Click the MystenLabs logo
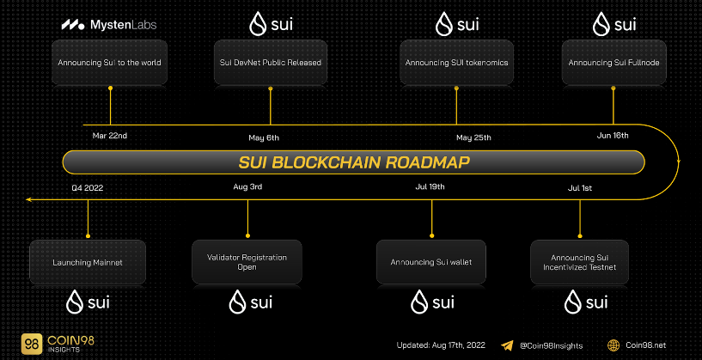[109, 25]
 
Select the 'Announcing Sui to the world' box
[110, 63]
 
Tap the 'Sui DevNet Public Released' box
[271, 63]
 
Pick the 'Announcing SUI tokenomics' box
[456, 63]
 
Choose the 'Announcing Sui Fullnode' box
[613, 63]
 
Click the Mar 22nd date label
[110, 136]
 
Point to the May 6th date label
[264, 137]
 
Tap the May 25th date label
[473, 137]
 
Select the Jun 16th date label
[613, 135]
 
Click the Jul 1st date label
[580, 188]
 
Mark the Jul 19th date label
[430, 186]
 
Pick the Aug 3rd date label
[247, 186]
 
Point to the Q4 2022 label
[88, 188]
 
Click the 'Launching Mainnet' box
[88, 262]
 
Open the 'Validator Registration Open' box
[247, 262]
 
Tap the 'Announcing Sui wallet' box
[431, 262]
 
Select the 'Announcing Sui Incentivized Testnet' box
[580, 262]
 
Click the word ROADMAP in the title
[428, 162]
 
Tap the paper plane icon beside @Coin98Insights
[507, 345]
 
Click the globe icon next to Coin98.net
[613, 345]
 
